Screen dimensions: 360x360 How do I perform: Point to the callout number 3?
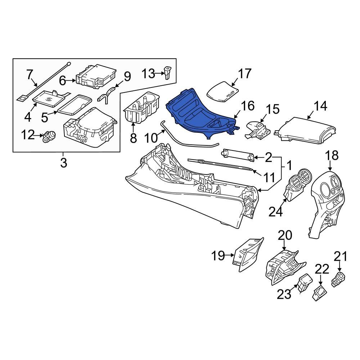coord(63,163)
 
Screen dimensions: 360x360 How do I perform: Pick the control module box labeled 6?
coord(95,77)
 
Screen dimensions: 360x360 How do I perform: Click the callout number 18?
coord(332,156)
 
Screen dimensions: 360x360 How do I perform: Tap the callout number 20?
coord(285,236)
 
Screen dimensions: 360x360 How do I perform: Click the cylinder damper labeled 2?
coord(237,154)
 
